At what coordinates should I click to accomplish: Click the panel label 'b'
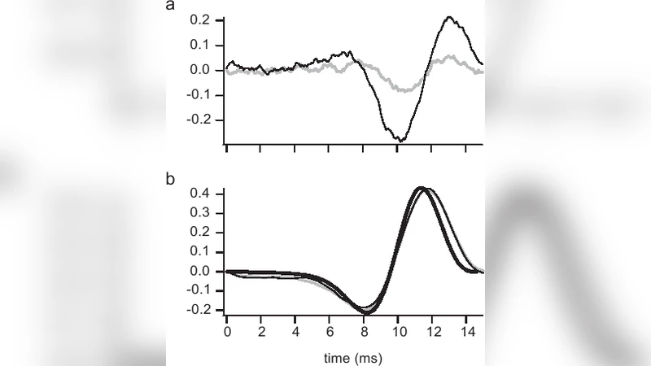171,177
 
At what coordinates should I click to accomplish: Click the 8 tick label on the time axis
365,333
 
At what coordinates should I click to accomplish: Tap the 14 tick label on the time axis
467,333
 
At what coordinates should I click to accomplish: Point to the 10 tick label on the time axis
399,333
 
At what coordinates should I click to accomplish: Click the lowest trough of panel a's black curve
400,141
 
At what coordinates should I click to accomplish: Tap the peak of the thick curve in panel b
419,188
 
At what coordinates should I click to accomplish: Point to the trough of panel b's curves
366,312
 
